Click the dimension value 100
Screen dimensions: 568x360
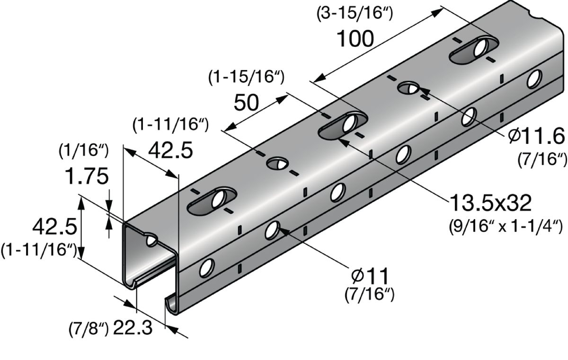(355, 39)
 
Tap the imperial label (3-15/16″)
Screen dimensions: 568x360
(355, 13)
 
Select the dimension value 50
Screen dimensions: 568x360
(246, 103)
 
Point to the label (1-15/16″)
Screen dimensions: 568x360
(246, 77)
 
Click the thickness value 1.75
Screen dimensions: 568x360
(87, 176)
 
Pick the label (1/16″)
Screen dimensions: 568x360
(84, 151)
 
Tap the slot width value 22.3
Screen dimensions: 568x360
(133, 327)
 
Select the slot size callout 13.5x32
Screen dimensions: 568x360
(490, 202)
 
